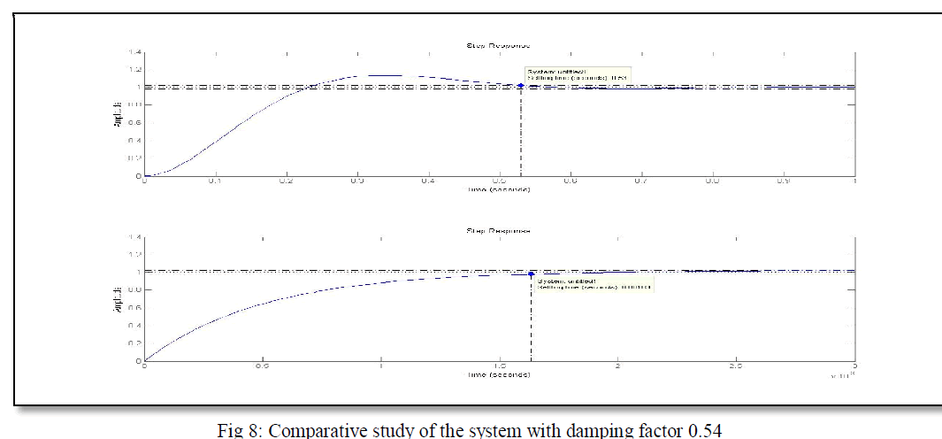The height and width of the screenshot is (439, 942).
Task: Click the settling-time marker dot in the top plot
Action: point(520,86)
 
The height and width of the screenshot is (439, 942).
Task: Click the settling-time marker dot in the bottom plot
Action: point(531,273)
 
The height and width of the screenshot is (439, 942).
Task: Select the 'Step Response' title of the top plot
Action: point(498,45)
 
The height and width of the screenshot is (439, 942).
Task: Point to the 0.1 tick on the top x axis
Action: point(215,182)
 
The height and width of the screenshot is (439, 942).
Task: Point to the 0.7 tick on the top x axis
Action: point(641,182)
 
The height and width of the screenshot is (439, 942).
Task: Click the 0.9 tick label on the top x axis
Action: point(784,182)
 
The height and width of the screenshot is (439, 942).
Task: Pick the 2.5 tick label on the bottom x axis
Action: point(735,366)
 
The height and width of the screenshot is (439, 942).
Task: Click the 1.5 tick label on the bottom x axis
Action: point(499,366)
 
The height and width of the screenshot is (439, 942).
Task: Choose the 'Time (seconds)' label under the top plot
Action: point(499,190)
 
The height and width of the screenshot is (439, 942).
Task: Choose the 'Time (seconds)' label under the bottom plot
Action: point(499,374)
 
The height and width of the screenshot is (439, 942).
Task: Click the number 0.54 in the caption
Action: point(708,431)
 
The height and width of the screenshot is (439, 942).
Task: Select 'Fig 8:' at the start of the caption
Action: point(240,431)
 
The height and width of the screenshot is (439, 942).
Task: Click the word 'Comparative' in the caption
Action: point(311,431)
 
